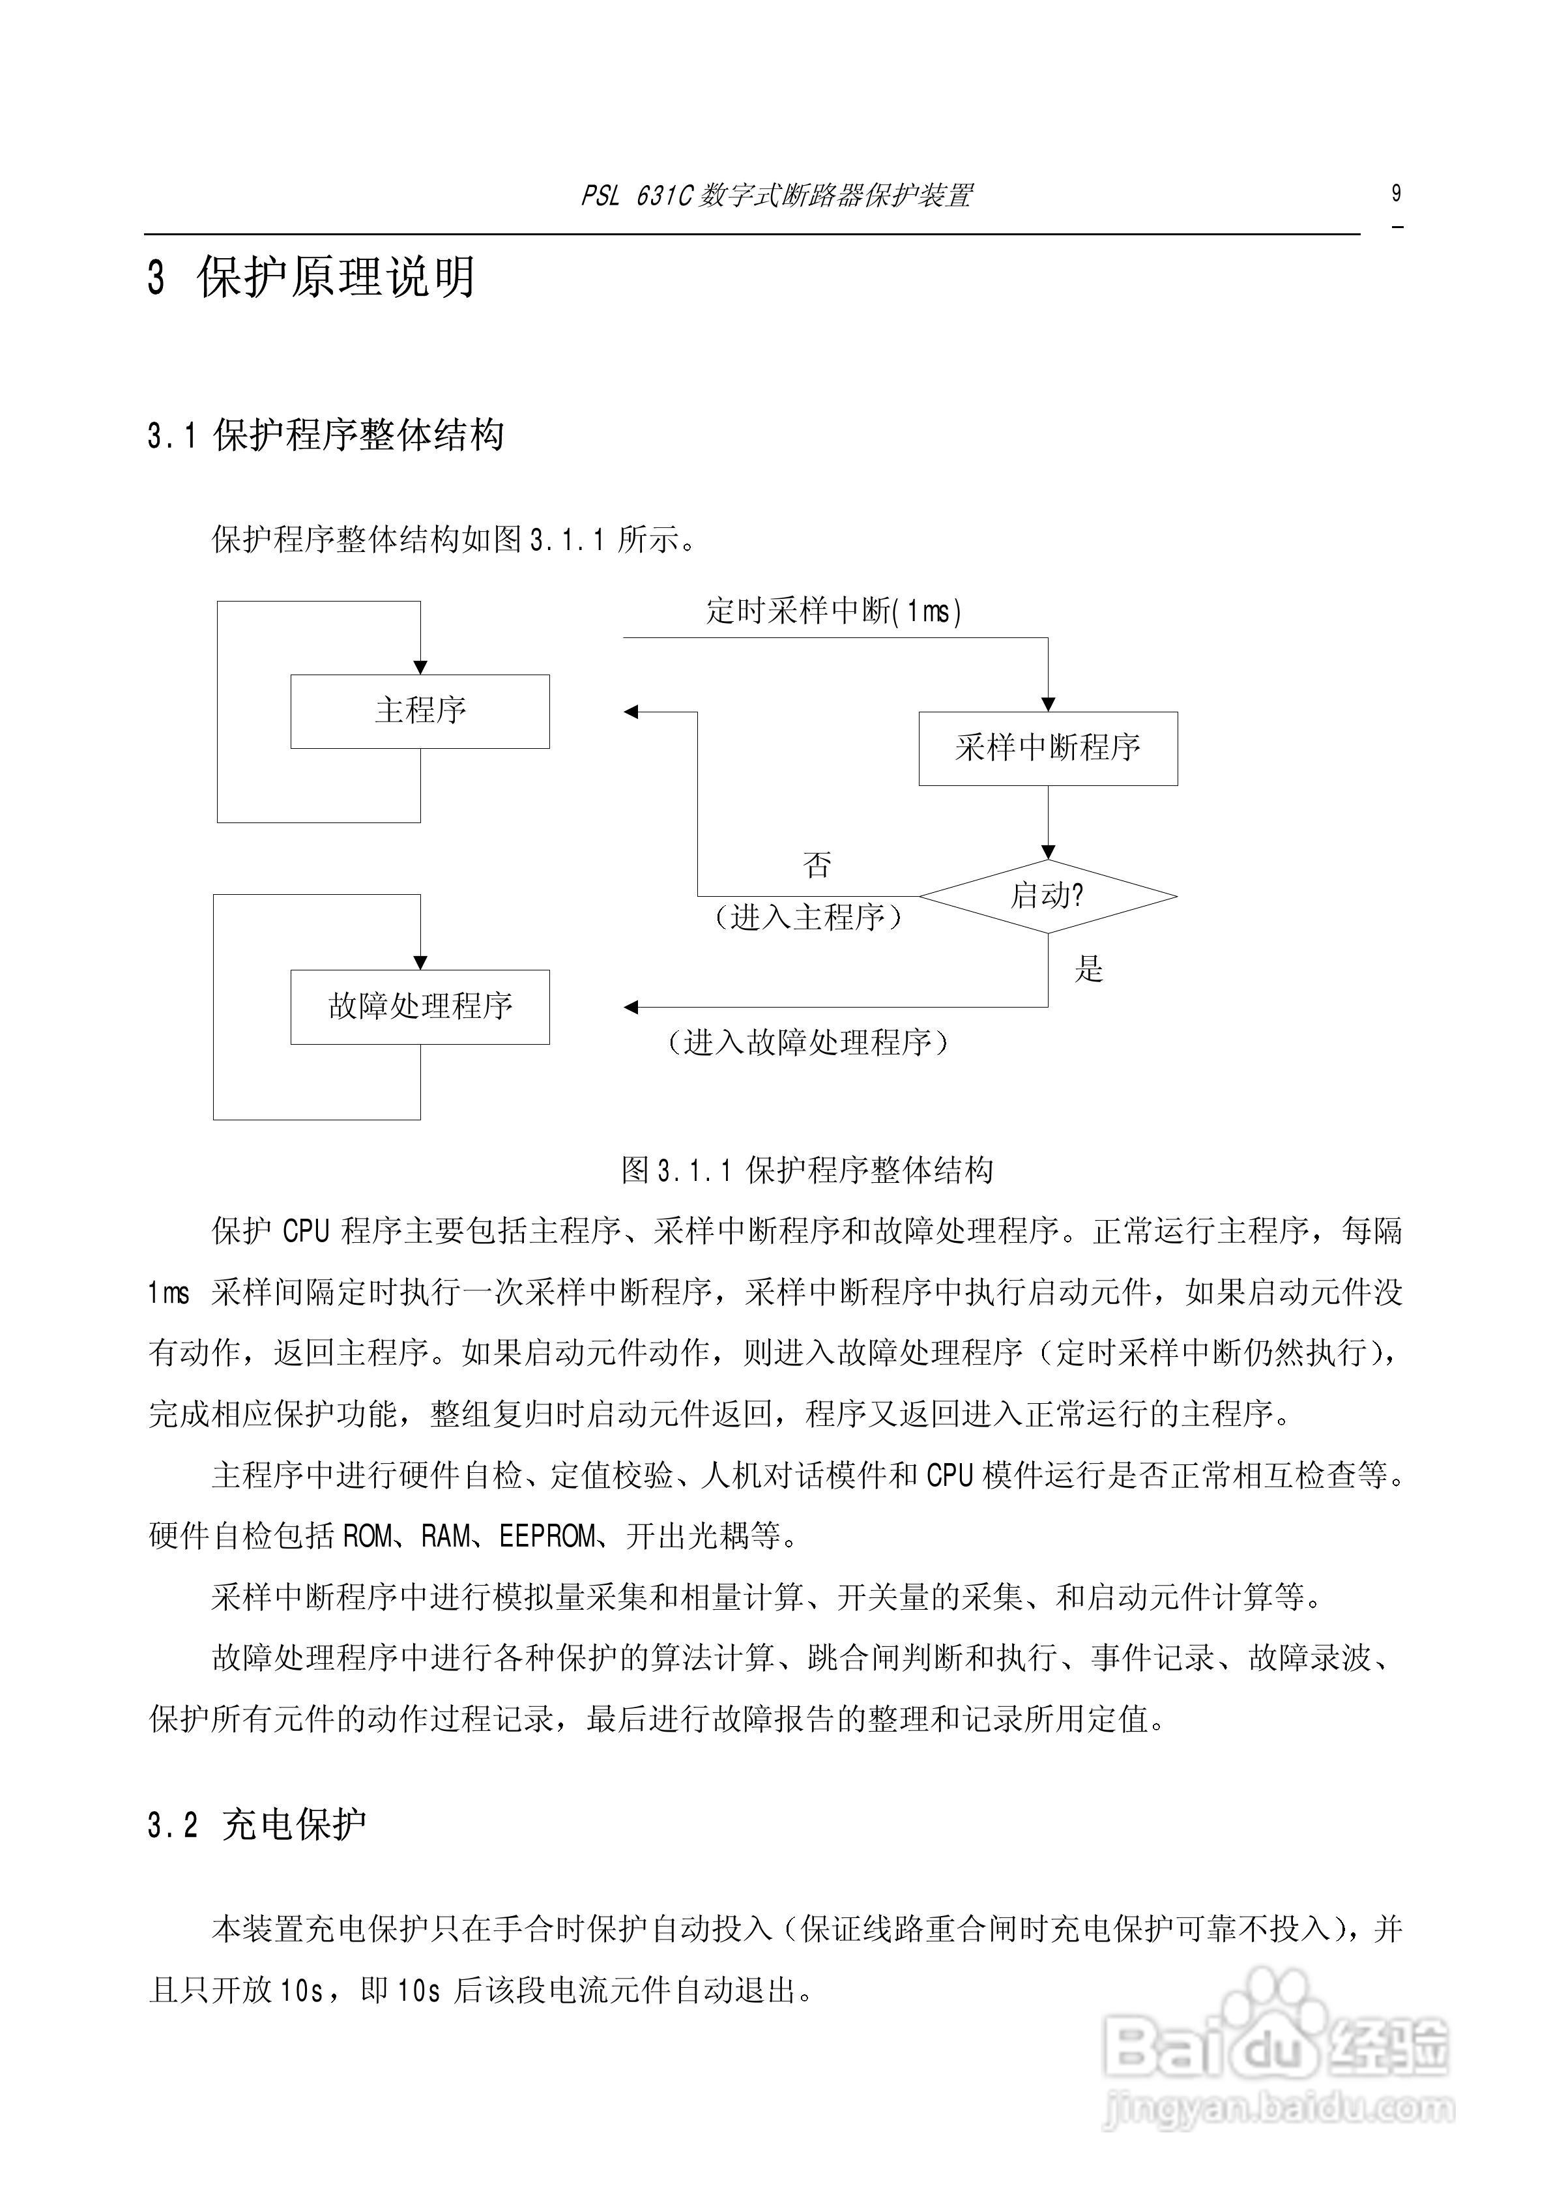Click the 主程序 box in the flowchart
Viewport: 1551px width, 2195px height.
pos(420,711)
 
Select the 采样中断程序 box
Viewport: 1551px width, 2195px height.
pos(1048,749)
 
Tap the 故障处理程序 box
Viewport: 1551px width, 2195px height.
pos(420,1007)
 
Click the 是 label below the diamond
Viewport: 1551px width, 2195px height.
pos(1088,969)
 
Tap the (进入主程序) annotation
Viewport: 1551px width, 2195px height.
pos(808,918)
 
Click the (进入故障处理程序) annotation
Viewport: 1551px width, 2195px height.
pos(808,1042)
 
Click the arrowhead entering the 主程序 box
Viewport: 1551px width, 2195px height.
pos(420,667)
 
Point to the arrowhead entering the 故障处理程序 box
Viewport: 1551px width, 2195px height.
pos(420,963)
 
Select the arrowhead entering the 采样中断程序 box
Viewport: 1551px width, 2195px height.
pos(1048,705)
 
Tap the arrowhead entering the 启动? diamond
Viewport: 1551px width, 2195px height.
pos(1048,852)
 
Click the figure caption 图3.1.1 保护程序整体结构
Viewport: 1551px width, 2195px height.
pos(808,1170)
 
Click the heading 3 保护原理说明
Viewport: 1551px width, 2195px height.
pos(312,278)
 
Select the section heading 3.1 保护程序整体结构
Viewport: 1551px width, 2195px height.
pos(326,436)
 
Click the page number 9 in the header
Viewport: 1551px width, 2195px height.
pos(1396,194)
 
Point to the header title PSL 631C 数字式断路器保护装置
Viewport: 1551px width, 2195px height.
pos(776,197)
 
